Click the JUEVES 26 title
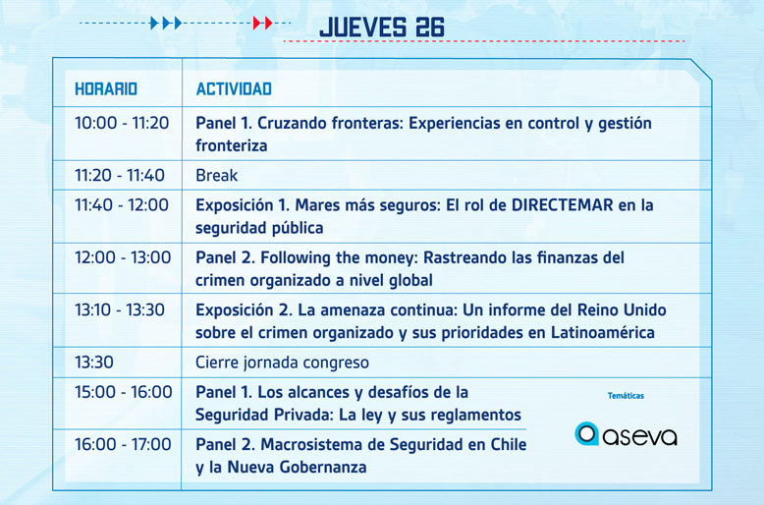coord(382,28)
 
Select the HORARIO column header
coord(106,88)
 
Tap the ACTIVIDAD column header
coord(234,88)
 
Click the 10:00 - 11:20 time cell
coord(122,123)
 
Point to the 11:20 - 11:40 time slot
coord(120,175)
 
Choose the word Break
coord(217,175)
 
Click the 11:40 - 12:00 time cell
coord(122,204)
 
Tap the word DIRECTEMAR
coord(563,204)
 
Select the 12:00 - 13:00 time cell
coord(123,257)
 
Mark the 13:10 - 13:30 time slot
coord(120,309)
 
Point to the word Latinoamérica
coord(603,332)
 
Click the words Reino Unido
coord(622,309)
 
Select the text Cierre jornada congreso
coord(282,363)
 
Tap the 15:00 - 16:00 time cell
coord(124,391)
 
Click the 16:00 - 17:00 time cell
coord(123,444)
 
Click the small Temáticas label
coord(626,396)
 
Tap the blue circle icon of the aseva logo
coord(586,433)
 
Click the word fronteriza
coord(232,145)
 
